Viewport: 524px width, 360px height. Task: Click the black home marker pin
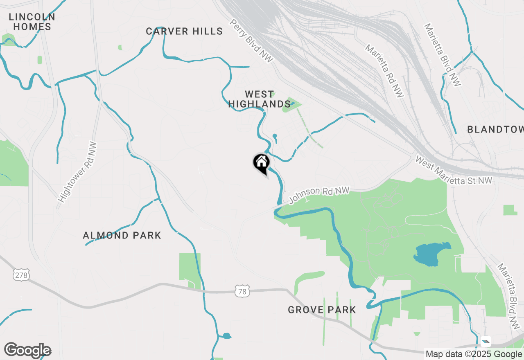(x=261, y=163)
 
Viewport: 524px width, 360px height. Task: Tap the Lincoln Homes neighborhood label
(x=32, y=22)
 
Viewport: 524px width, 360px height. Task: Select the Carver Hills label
(x=184, y=32)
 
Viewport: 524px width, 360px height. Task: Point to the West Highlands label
(x=259, y=99)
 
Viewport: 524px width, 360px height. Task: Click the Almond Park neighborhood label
(x=122, y=236)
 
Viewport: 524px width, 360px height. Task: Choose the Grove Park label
(x=322, y=310)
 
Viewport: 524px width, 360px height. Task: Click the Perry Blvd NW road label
(x=246, y=41)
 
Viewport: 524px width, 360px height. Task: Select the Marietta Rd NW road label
(x=384, y=71)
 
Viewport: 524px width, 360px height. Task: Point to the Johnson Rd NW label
(x=319, y=196)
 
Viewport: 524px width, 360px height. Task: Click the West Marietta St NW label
(x=454, y=171)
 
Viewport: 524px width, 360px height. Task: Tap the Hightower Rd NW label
(x=78, y=172)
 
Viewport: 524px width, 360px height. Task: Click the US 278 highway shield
(x=21, y=275)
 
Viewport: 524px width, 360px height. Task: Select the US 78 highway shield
(x=242, y=291)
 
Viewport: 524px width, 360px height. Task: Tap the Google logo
(x=27, y=351)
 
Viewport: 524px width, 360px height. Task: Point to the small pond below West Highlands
(x=274, y=138)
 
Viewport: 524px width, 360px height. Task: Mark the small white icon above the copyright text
(x=486, y=341)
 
